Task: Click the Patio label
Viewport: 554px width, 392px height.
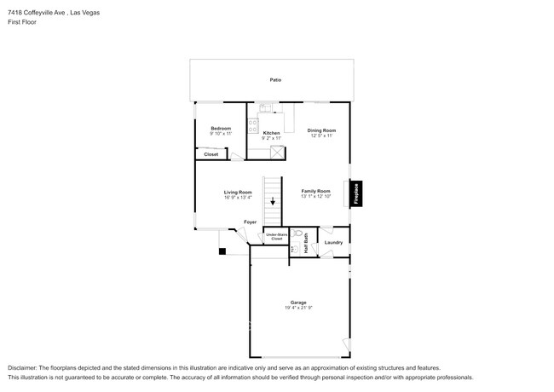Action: [275, 80]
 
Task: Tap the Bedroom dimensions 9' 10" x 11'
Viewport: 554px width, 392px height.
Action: [220, 134]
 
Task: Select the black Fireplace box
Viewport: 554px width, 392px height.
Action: [357, 193]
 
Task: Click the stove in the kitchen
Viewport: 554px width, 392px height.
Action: [253, 124]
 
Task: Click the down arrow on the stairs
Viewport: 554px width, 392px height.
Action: [273, 202]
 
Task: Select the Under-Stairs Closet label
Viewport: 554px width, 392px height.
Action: [276, 237]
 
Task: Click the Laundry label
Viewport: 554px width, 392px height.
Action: [333, 242]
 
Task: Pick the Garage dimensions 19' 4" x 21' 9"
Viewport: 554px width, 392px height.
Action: [298, 308]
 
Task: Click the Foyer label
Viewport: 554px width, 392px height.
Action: [250, 222]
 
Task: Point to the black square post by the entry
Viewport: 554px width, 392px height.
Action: [222, 251]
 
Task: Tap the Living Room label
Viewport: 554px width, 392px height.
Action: [238, 192]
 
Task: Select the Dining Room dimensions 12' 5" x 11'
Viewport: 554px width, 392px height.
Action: [321, 135]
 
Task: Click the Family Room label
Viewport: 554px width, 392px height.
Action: [315, 191]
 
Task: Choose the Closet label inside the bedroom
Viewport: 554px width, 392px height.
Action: [211, 154]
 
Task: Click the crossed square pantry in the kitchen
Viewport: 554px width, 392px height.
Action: [276, 153]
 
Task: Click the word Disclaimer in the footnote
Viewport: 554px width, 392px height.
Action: [24, 367]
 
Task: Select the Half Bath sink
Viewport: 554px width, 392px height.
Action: [293, 249]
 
